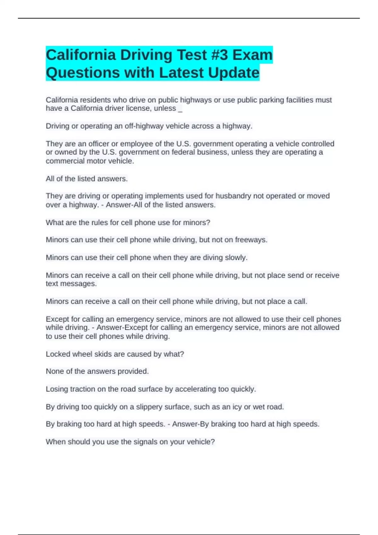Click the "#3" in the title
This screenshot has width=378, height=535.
(x=216, y=55)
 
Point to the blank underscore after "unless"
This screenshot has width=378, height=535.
(x=180, y=109)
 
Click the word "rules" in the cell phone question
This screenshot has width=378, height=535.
(x=100, y=223)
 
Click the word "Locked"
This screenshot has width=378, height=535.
(x=58, y=354)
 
